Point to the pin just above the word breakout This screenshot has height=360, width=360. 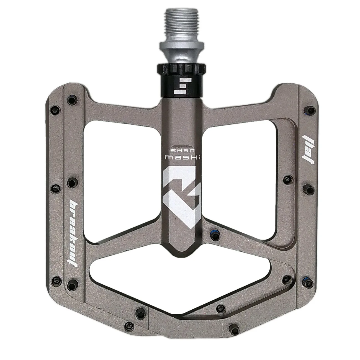pos(72,182)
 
